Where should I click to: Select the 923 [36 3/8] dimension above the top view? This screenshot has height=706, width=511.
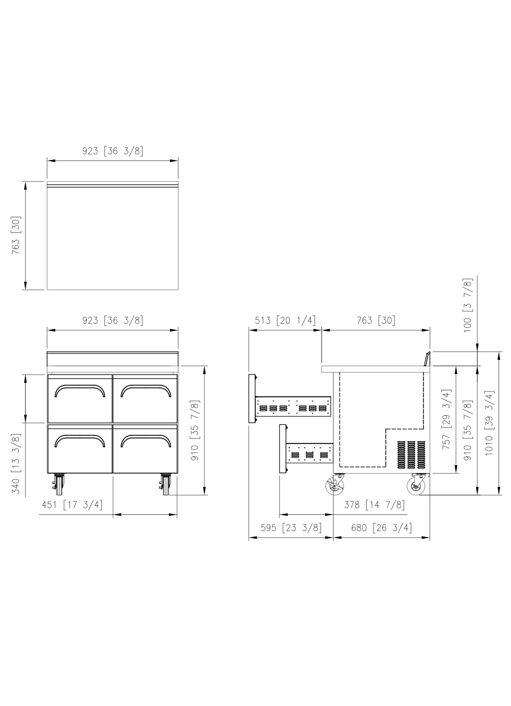click(112, 151)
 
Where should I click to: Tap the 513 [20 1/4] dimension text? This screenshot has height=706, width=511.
click(285, 321)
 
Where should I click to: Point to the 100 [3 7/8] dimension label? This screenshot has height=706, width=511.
click(468, 305)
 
